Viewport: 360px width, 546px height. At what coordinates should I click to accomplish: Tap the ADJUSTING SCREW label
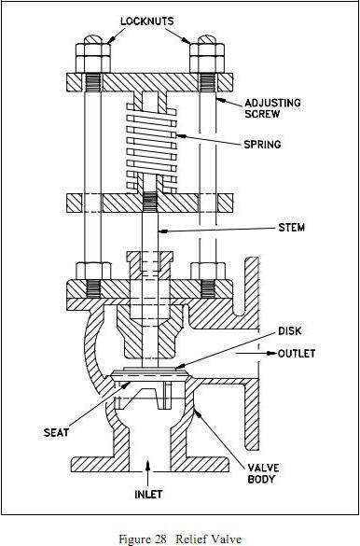271,107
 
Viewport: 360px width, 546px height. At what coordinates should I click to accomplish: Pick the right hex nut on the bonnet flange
208,273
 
